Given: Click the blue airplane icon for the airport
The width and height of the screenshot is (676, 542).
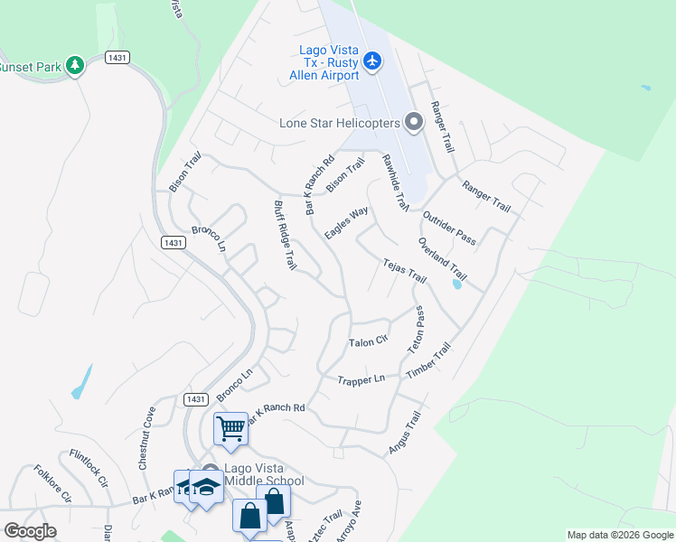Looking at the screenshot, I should coord(372,61).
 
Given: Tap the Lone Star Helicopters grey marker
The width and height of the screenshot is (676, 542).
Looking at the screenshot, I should coord(414,121).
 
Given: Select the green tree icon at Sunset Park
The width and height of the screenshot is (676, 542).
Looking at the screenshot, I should coord(75,65).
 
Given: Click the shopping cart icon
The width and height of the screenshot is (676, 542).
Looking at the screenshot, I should coord(230,427).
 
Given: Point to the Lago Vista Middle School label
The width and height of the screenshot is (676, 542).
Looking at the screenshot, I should coord(264,473).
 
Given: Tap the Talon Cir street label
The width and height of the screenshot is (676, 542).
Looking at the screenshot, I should coord(368,341).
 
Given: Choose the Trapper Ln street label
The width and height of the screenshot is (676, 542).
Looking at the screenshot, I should coord(361,380).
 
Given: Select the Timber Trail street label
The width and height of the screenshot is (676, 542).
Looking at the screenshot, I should coord(428,360).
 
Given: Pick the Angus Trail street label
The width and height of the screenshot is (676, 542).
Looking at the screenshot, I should coord(405,433).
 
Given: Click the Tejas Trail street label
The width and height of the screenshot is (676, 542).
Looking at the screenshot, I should coord(404,269).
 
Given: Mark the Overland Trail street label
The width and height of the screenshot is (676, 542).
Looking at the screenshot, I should coord(443,258).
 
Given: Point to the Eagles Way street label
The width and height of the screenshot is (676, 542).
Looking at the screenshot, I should coord(346,222).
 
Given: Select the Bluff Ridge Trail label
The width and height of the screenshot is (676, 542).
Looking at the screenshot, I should coord(285,235).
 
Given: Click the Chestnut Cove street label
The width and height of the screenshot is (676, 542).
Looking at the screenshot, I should coord(146,437).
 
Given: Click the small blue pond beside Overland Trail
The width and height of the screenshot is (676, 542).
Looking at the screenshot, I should coord(455,285).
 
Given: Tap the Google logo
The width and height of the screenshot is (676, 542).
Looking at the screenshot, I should coord(30,531).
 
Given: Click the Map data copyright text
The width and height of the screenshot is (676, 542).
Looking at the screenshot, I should coord(618,535).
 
